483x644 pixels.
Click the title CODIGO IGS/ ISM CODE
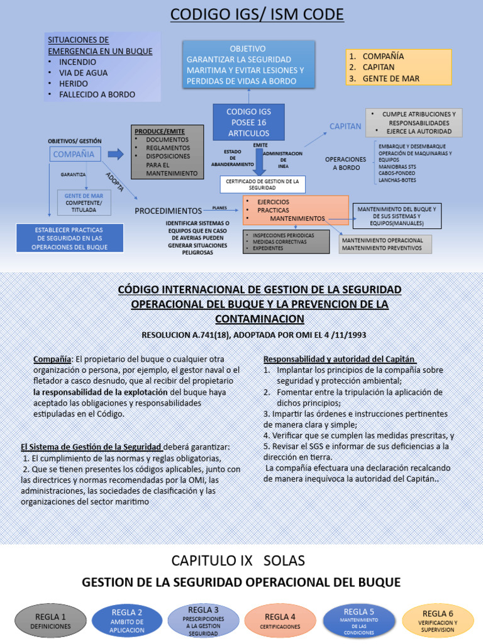pyautogui.click(x=257, y=14)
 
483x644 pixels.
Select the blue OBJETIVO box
pyautogui.click(x=248, y=64)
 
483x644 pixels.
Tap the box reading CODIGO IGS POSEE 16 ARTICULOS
pyautogui.click(x=248, y=122)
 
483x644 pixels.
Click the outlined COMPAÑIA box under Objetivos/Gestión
pyautogui.click(x=75, y=154)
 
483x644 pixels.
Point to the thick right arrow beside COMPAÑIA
pyautogui.click(x=116, y=154)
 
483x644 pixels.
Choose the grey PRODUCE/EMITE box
pyautogui.click(x=167, y=151)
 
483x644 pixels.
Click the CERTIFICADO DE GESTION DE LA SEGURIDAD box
pyautogui.click(x=262, y=184)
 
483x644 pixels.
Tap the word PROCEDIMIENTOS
pyautogui.click(x=169, y=211)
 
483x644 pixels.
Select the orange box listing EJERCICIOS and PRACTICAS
pyautogui.click(x=296, y=210)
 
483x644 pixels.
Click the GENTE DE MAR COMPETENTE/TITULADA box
pyautogui.click(x=84, y=203)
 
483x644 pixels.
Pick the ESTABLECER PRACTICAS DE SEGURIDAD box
pyautogui.click(x=70, y=238)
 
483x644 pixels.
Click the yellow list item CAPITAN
pyautogui.click(x=379, y=67)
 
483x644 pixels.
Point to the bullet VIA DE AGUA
pyautogui.click(x=83, y=73)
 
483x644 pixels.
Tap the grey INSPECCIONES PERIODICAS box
pyautogui.click(x=286, y=241)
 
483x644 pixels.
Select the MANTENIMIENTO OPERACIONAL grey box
pyautogui.click(x=385, y=244)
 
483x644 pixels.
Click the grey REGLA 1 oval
pyautogui.click(x=50, y=620)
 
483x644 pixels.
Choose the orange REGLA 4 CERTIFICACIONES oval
pyautogui.click(x=280, y=620)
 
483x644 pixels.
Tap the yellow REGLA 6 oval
pyautogui.click(x=438, y=620)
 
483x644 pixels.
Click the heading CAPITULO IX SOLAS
pyautogui.click(x=238, y=560)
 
